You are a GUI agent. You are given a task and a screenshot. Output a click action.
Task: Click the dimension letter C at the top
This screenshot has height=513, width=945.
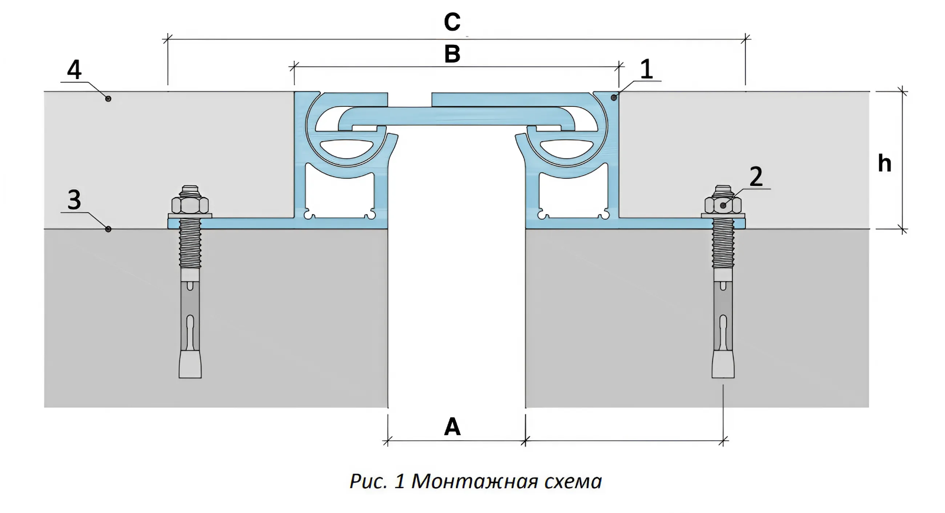tap(452, 22)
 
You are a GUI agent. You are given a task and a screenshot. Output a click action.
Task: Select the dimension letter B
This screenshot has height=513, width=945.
tap(452, 54)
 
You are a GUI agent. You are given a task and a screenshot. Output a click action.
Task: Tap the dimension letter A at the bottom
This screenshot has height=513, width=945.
tap(452, 426)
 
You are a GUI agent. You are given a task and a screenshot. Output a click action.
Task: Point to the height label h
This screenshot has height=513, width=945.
tap(884, 164)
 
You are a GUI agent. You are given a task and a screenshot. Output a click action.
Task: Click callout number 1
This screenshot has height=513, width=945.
tap(647, 70)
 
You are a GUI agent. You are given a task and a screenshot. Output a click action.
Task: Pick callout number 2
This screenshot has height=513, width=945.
tap(756, 177)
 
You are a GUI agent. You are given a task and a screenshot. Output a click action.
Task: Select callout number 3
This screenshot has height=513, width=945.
tap(74, 200)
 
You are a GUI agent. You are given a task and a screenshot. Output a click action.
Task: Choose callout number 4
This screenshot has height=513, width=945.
tap(74, 70)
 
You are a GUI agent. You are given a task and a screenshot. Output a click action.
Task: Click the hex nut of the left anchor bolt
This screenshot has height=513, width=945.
tap(190, 205)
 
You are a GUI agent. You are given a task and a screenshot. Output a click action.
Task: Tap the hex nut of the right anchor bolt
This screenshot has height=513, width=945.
tap(723, 205)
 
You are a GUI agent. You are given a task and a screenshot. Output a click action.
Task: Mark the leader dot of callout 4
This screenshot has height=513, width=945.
tap(108, 98)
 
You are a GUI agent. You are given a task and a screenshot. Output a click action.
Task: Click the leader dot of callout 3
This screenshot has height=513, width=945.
tap(108, 228)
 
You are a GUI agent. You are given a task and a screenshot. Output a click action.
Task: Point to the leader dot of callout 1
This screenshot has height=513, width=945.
tap(614, 97)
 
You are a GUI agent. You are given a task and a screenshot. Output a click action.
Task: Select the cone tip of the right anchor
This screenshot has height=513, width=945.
tap(723, 364)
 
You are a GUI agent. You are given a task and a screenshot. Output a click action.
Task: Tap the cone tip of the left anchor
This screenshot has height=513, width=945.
tap(190, 364)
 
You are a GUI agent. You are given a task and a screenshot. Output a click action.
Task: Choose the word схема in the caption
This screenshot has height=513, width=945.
tap(572, 482)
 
